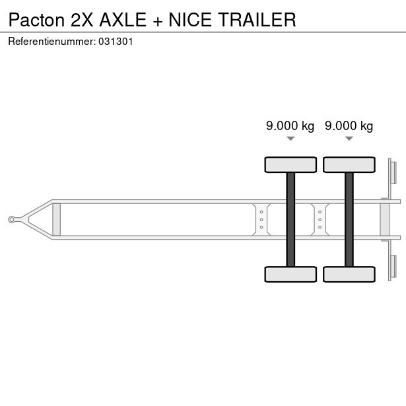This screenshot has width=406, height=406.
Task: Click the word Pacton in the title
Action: coord(36,20)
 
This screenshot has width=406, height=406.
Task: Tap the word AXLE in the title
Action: coord(123,20)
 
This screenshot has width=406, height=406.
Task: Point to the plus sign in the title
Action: coord(158,21)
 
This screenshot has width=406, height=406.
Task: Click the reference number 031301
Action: coord(116,42)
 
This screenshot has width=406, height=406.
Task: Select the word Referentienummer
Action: coord(51,42)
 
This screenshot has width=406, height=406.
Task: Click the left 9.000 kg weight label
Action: coord(290,126)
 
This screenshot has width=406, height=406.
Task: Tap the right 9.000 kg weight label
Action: coord(349,126)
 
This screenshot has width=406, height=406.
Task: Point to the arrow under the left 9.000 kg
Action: coord(290,139)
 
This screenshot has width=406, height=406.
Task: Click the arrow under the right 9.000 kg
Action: coord(349,139)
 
